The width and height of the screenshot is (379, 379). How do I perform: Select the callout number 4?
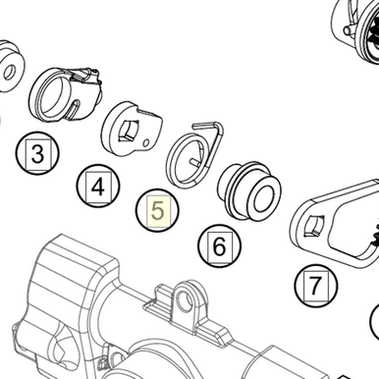point(98,188)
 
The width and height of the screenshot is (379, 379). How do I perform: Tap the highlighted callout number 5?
point(158,211)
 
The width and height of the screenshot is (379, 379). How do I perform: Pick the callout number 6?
point(219,246)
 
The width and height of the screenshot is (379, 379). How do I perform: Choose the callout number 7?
point(315,285)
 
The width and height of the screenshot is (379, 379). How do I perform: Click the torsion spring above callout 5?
point(195,154)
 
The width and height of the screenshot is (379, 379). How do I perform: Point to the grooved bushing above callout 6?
point(249,190)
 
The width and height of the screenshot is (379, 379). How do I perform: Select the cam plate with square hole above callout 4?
point(132,129)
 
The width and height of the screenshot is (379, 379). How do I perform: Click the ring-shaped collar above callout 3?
point(66,94)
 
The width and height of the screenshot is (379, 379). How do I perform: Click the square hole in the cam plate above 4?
point(128,131)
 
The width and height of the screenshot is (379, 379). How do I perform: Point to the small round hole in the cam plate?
point(147,142)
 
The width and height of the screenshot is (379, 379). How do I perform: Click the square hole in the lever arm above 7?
point(314,225)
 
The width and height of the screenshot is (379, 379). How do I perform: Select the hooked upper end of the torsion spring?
point(207,125)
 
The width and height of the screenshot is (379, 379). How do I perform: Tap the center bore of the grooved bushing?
point(263,199)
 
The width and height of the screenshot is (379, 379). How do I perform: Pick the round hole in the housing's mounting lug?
point(186,299)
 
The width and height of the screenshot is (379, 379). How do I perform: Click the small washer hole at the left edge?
point(10,72)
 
